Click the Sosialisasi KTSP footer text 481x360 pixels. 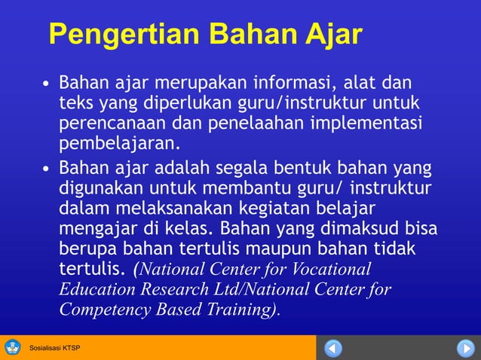click(54, 348)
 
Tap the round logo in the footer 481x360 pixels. click(13, 347)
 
